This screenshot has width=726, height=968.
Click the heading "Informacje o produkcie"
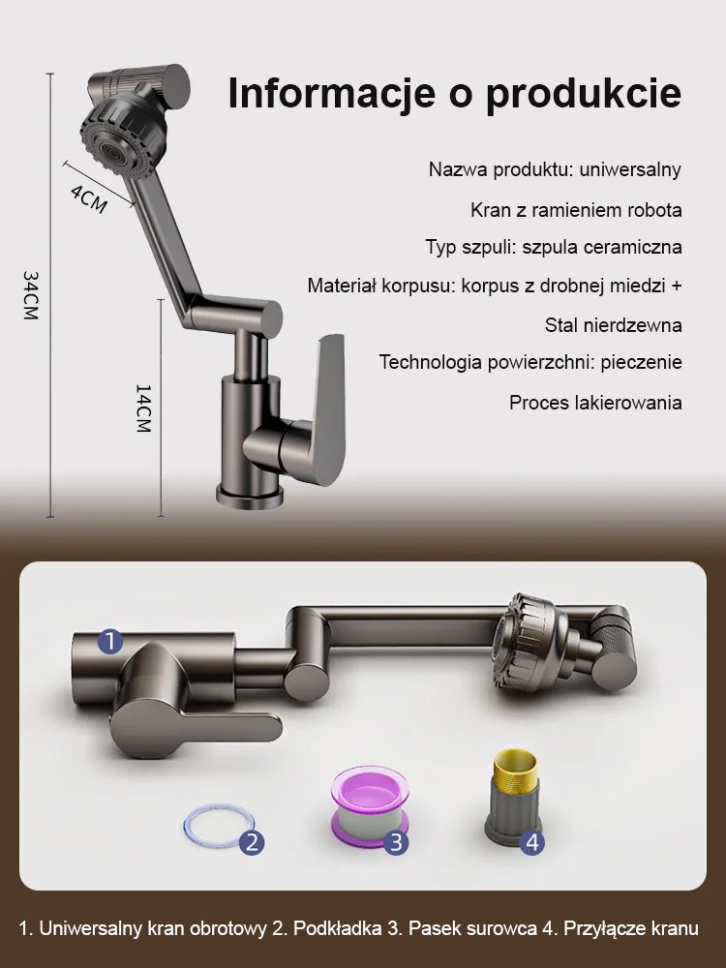pyautogui.click(x=455, y=94)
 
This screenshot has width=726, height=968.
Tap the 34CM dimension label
pyautogui.click(x=31, y=295)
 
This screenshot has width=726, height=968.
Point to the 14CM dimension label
pyautogui.click(x=143, y=408)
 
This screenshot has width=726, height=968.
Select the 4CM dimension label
pyautogui.click(x=88, y=197)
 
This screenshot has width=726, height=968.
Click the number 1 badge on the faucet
pyautogui.click(x=110, y=641)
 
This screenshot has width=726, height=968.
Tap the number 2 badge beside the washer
pyautogui.click(x=252, y=841)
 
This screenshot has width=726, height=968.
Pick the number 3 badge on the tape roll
pyautogui.click(x=395, y=841)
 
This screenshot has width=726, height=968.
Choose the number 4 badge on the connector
pyautogui.click(x=531, y=841)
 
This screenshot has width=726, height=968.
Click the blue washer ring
pyautogui.click(x=213, y=825)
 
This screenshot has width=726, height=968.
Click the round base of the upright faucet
pyautogui.click(x=248, y=496)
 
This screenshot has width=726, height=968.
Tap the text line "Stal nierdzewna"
pyautogui.click(x=613, y=325)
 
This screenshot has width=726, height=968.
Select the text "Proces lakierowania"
pyautogui.click(x=595, y=403)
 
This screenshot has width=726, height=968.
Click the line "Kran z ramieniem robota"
pyautogui.click(x=576, y=210)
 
